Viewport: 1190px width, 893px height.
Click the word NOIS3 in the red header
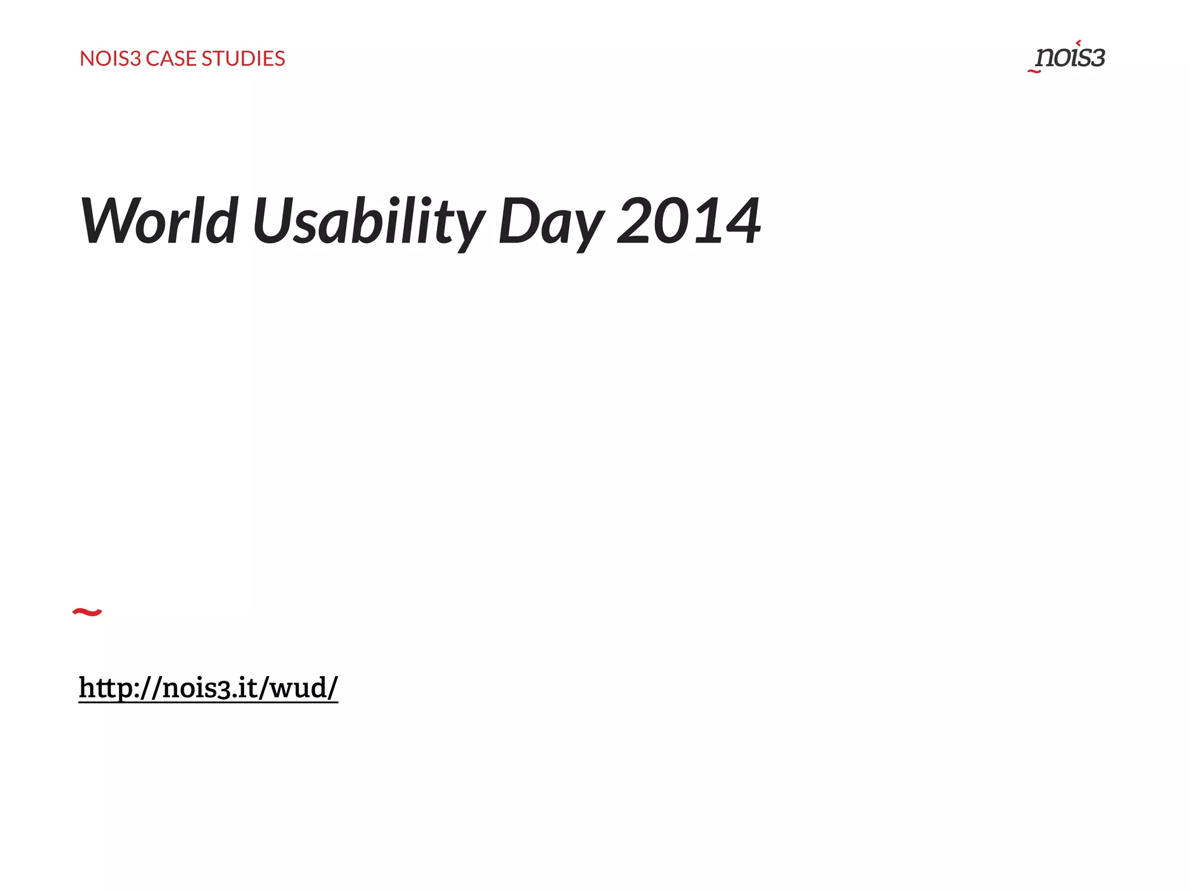tap(110, 59)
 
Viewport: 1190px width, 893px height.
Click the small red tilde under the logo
tap(1034, 72)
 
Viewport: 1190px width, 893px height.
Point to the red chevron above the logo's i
tap(1078, 42)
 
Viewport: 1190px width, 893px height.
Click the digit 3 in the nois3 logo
tap(1096, 58)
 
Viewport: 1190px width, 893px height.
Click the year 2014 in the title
tap(689, 221)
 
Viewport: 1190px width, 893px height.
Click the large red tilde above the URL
tap(87, 612)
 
